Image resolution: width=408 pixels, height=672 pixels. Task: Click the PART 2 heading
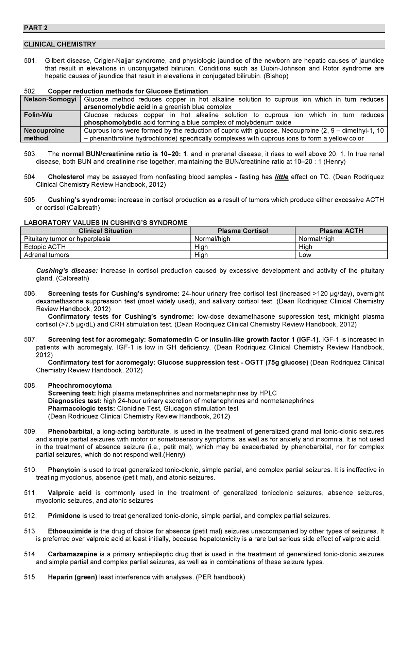(35, 28)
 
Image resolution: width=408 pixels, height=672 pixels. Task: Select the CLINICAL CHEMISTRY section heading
(60, 44)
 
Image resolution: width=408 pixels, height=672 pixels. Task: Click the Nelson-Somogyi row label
(50, 99)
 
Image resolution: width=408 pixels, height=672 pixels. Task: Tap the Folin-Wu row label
(38, 115)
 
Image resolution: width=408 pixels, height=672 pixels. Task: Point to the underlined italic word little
(281, 177)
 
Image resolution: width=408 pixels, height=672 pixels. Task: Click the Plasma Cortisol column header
(243, 231)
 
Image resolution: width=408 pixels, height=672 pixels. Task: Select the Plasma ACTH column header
(341, 231)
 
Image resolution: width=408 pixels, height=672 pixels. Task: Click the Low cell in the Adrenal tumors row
(305, 255)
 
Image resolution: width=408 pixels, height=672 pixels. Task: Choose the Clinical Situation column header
(105, 231)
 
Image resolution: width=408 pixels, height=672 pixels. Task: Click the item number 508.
(30, 385)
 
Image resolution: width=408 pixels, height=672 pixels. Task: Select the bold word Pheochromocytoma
(80, 385)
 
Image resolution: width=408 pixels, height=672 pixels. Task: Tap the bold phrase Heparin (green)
(72, 577)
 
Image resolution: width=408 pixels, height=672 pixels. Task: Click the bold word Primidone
(64, 516)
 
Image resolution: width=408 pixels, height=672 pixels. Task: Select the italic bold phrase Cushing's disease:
(67, 271)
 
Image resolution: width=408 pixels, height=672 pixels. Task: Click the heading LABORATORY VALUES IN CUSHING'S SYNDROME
(105, 223)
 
